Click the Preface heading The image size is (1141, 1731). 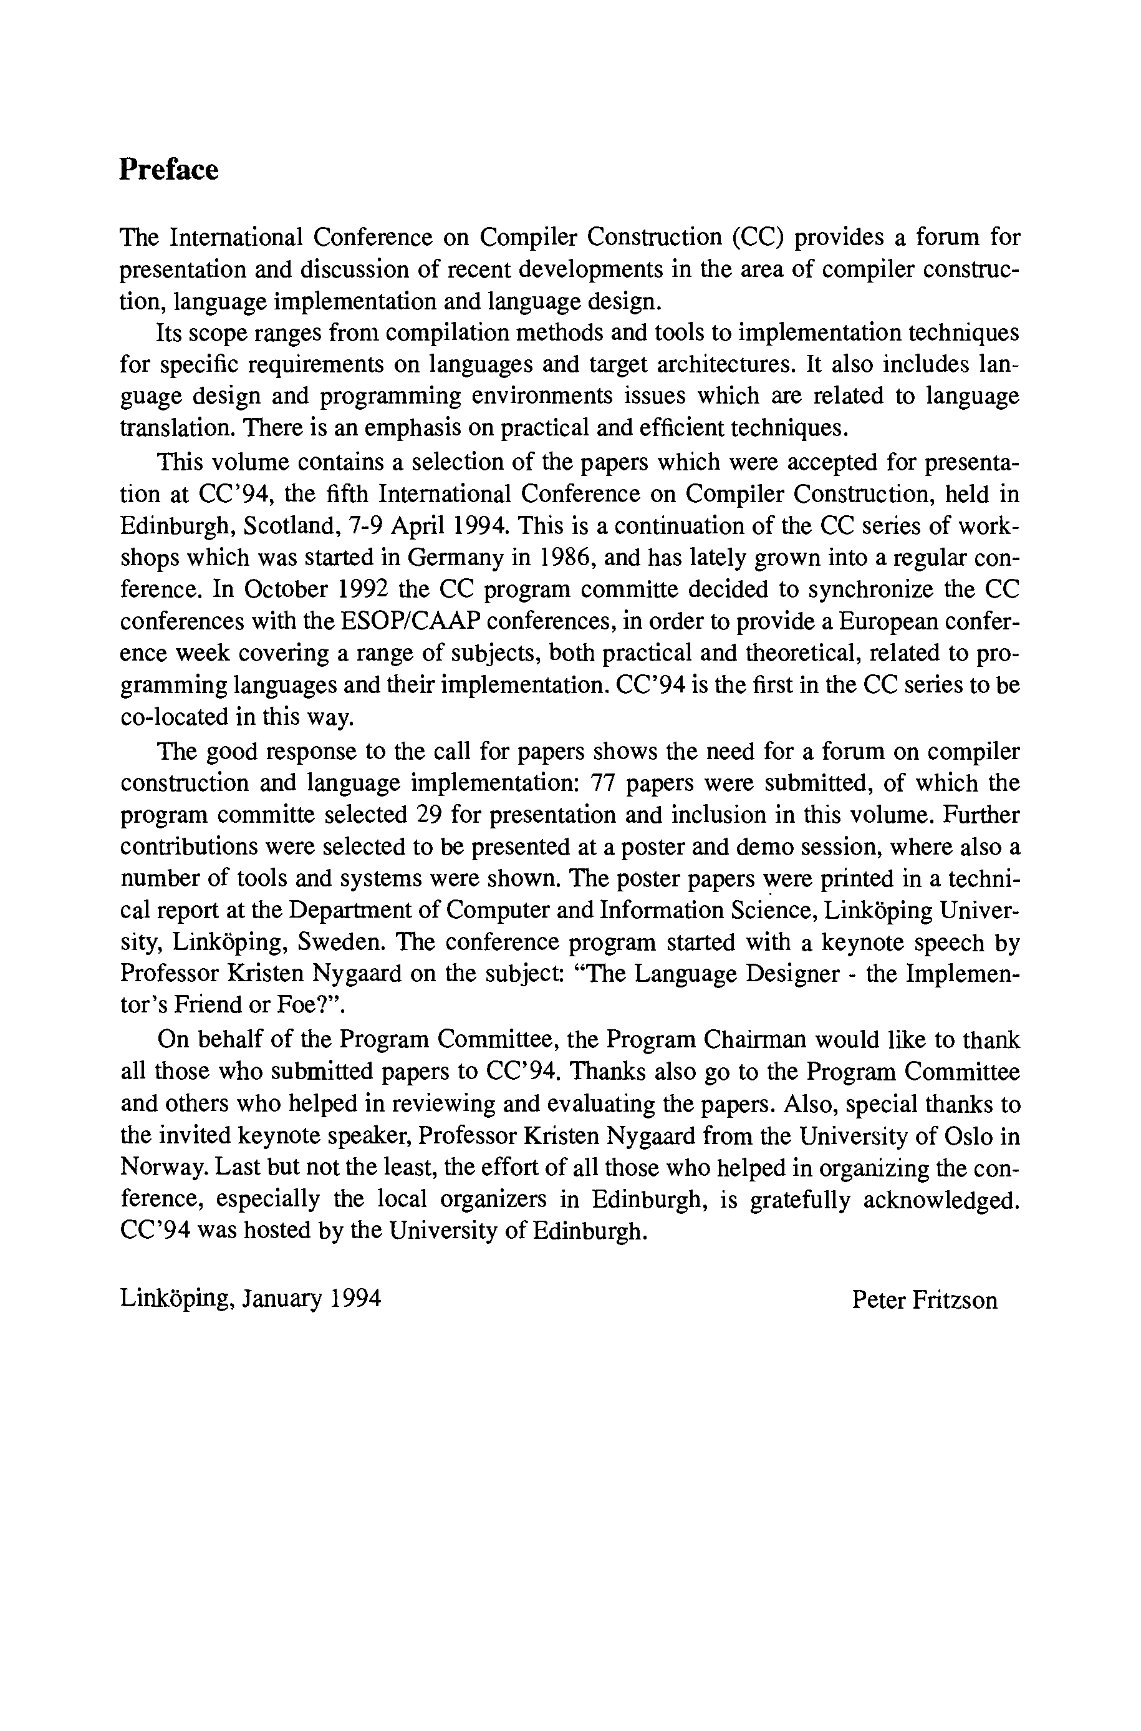coord(169,170)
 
